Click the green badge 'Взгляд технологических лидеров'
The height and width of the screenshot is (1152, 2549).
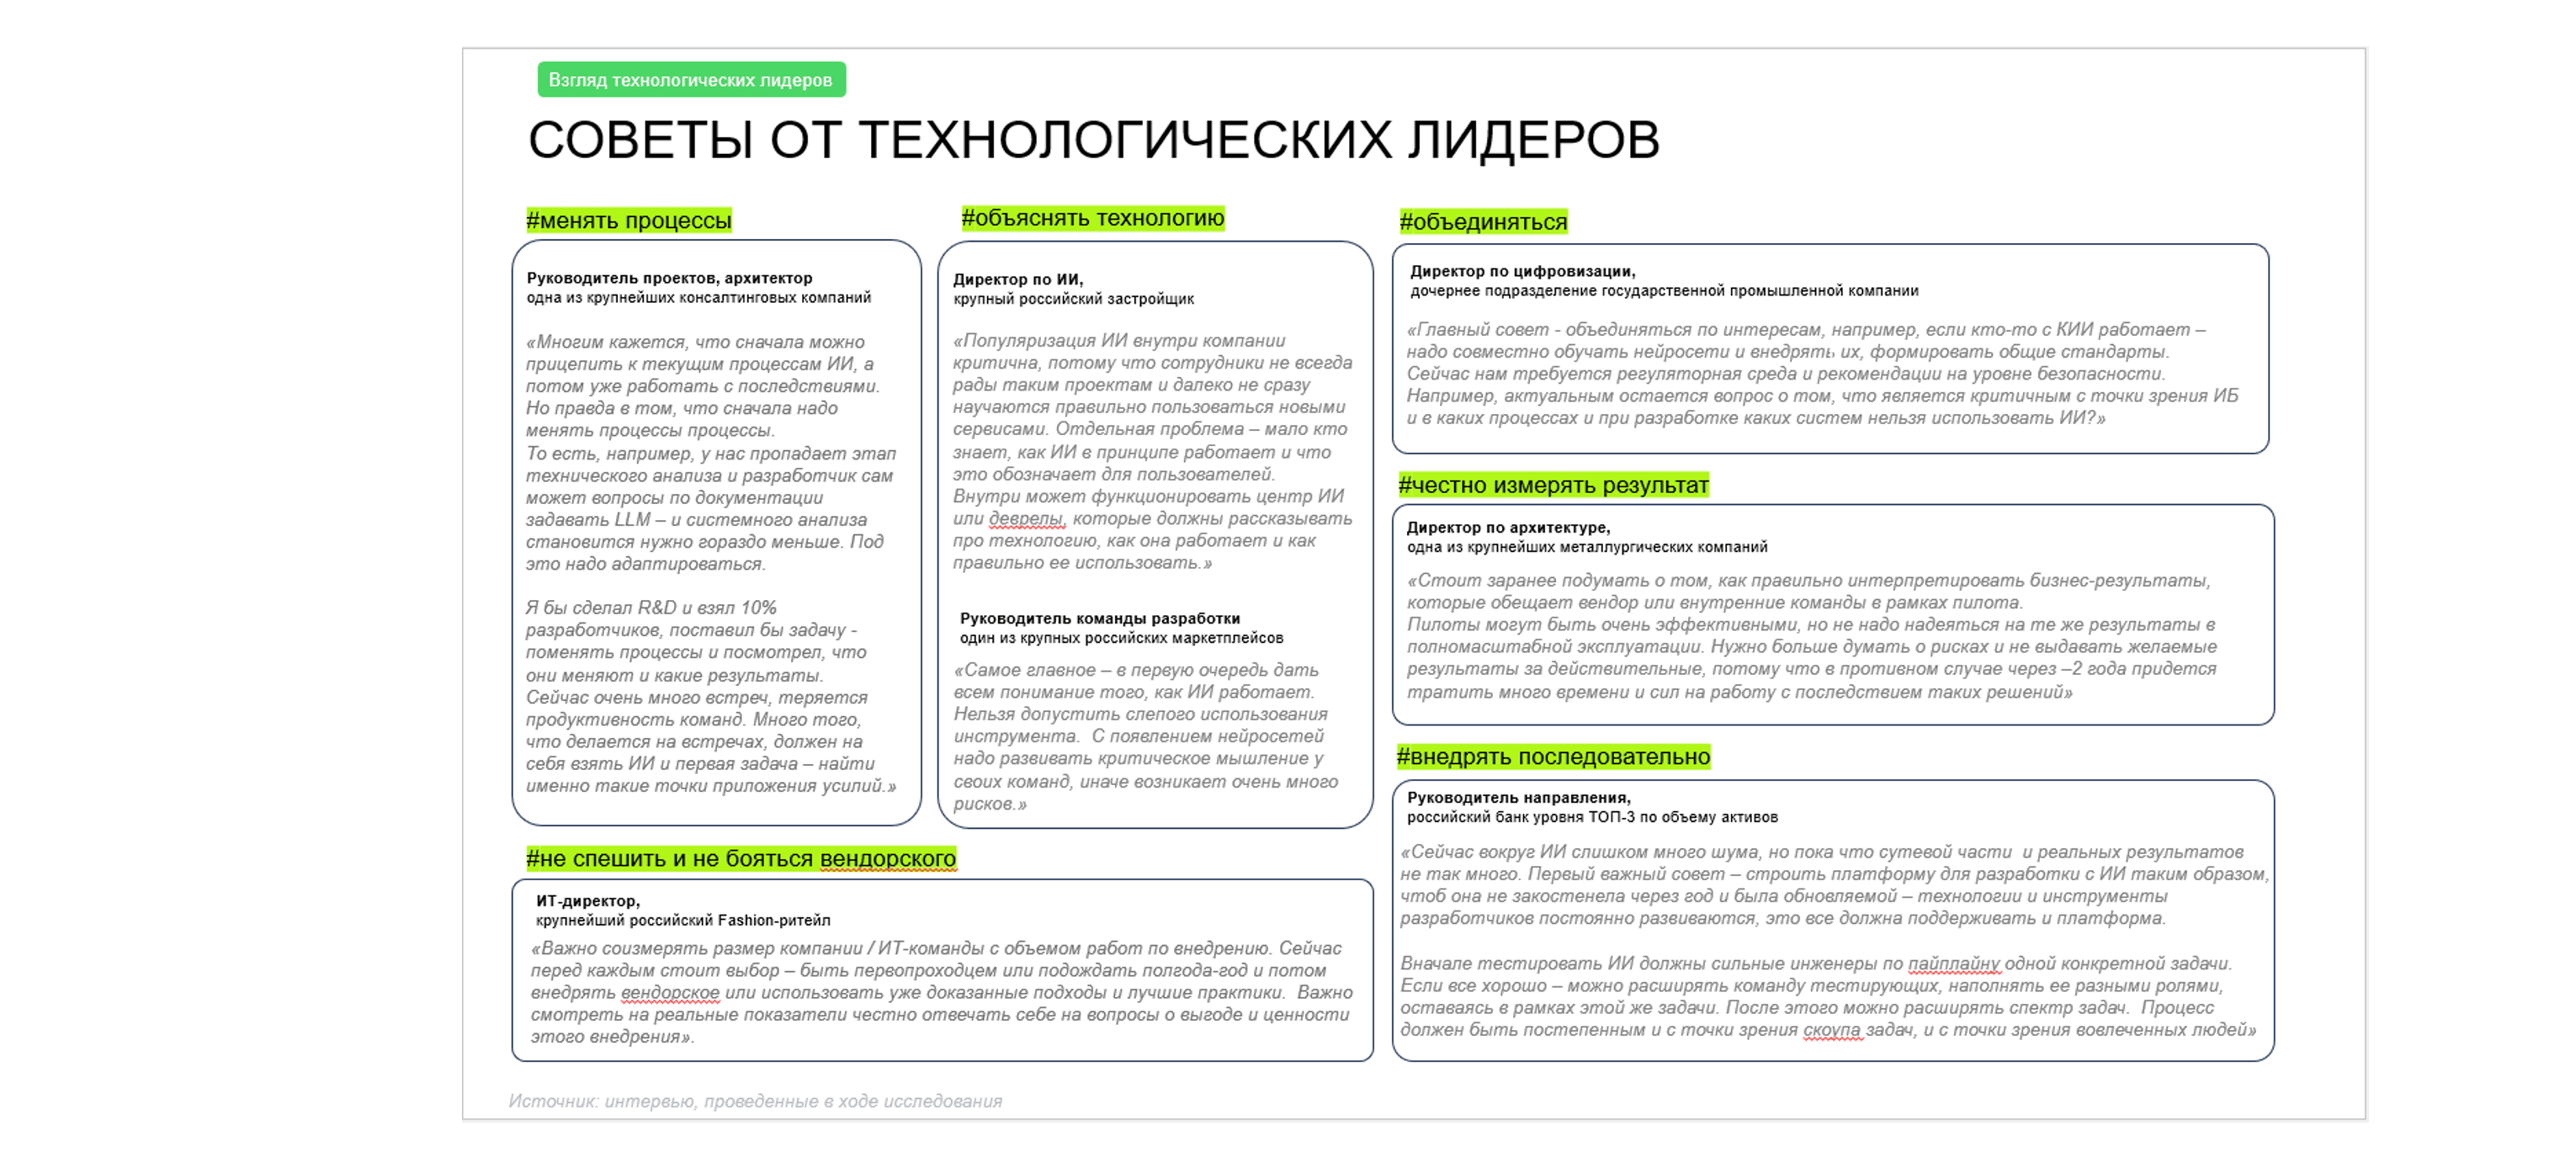tap(691, 80)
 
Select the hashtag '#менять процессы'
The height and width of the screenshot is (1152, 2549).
tap(629, 220)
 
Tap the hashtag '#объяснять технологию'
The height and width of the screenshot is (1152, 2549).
tap(1092, 219)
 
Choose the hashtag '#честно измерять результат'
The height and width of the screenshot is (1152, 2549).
tap(1553, 486)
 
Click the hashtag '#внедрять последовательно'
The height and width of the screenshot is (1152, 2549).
tap(1553, 757)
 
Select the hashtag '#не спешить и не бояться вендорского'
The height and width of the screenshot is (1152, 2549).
tap(741, 859)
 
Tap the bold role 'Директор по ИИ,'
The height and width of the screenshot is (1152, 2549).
tap(1017, 280)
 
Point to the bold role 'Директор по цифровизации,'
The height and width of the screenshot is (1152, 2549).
tap(1521, 272)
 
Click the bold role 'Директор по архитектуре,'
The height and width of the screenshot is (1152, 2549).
tap(1508, 528)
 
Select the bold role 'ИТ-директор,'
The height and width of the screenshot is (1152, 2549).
tap(587, 901)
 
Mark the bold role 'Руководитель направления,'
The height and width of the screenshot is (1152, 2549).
tap(1519, 799)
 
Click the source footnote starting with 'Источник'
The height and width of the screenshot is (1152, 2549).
tap(755, 1102)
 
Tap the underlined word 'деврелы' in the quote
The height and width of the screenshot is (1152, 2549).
tap(1025, 518)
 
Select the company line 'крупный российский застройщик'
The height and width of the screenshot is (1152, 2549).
tap(1073, 300)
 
